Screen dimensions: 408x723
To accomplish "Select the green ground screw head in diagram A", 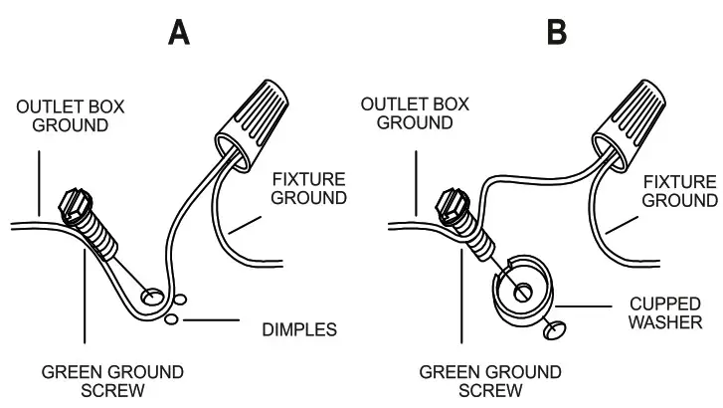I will [73, 203].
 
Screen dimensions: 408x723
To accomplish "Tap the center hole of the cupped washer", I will [524, 292].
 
